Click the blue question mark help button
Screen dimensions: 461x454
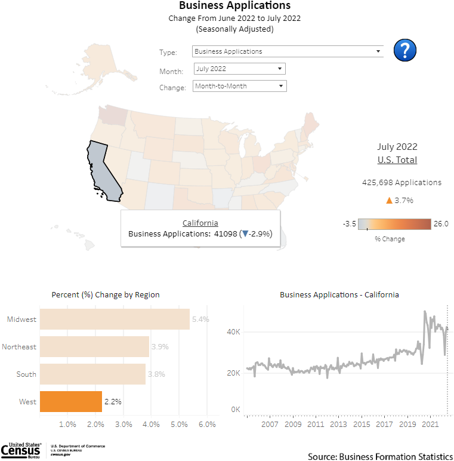click(x=405, y=50)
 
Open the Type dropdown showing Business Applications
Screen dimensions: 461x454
click(x=288, y=51)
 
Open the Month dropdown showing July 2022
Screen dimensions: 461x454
click(x=240, y=69)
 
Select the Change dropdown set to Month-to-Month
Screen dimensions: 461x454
click(x=240, y=86)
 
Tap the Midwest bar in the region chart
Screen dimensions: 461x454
click(x=114, y=319)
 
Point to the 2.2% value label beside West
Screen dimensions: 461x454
click(x=113, y=402)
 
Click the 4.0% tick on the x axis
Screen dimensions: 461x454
click(x=151, y=424)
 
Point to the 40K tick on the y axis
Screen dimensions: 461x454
click(x=233, y=332)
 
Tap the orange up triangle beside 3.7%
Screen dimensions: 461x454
click(x=389, y=200)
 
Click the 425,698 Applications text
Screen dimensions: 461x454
click(x=402, y=182)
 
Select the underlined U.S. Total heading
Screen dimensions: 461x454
click(x=397, y=160)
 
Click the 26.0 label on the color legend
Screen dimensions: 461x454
click(x=441, y=224)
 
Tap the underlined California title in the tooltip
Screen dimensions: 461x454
click(x=200, y=223)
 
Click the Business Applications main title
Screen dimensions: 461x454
click(x=234, y=6)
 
